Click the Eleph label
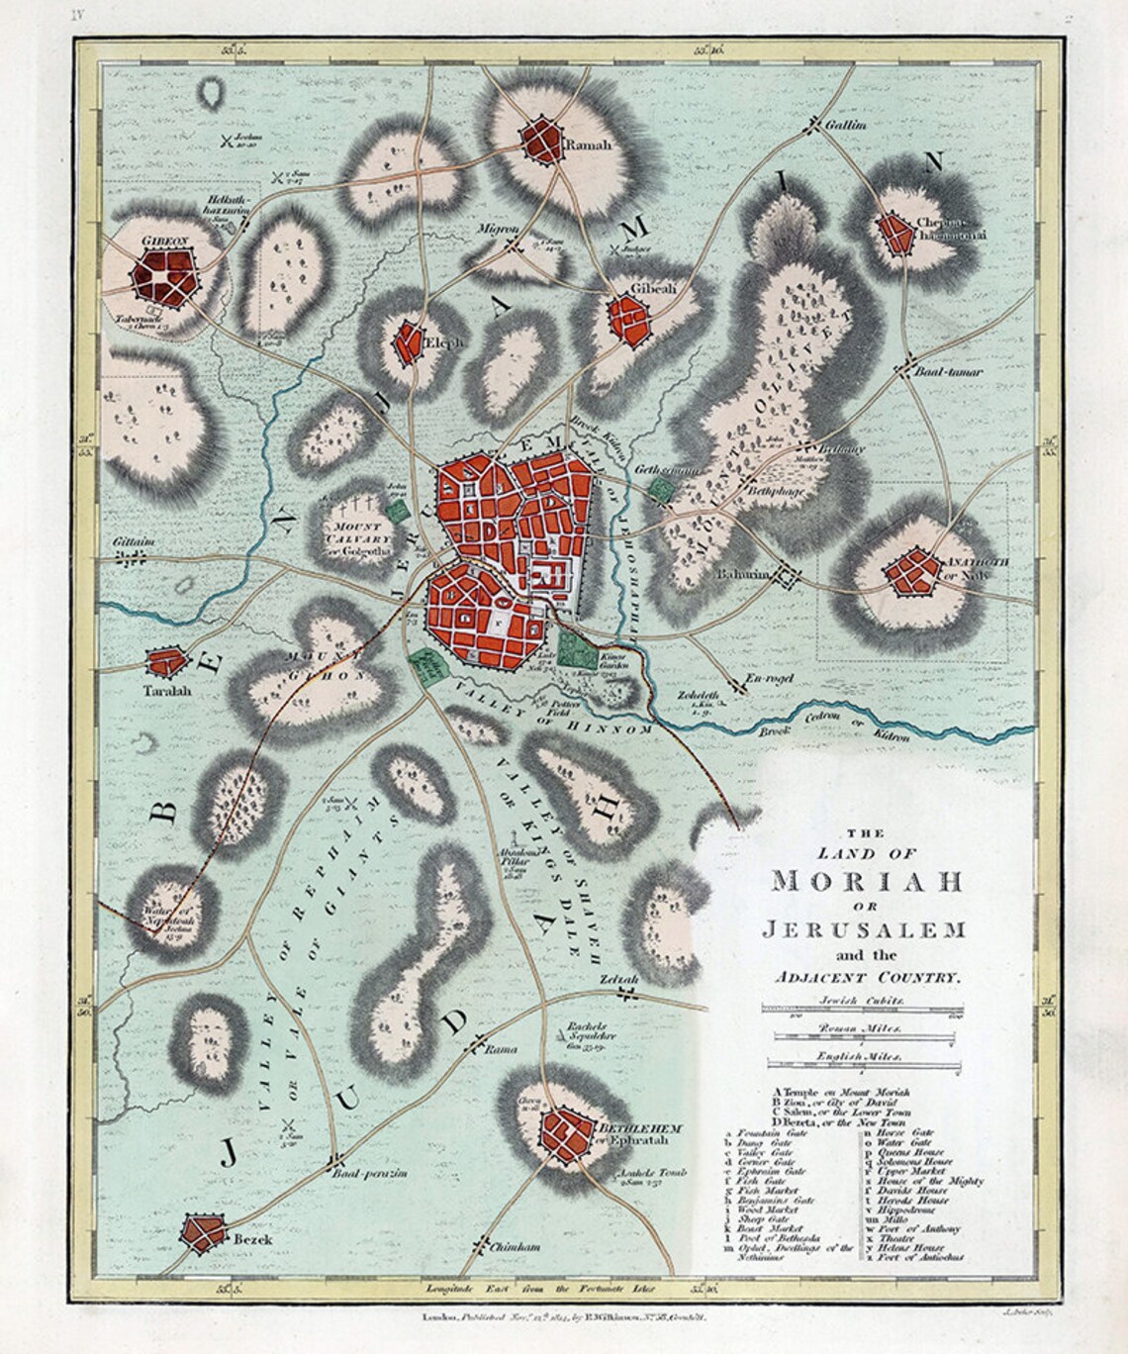pos(442,343)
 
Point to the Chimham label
pos(515,1248)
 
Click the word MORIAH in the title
pos(860,880)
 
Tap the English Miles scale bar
pos(860,1066)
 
